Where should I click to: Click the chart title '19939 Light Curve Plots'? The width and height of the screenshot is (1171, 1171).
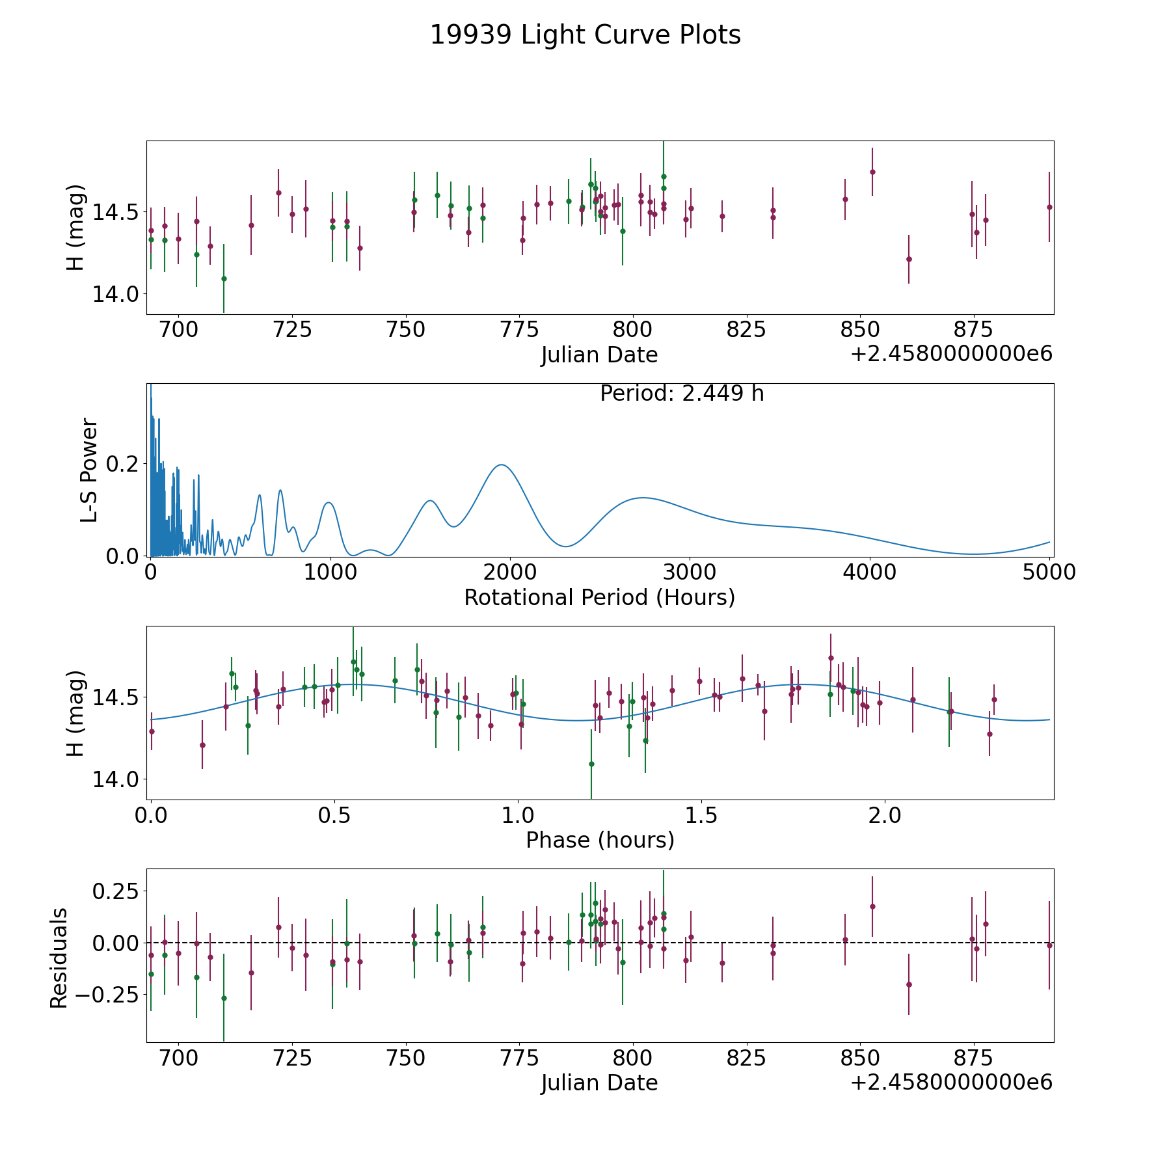pyautogui.click(x=585, y=35)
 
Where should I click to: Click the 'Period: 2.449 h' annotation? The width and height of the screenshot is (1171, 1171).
pyautogui.click(x=681, y=394)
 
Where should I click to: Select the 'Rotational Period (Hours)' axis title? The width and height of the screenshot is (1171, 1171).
pyautogui.click(x=599, y=597)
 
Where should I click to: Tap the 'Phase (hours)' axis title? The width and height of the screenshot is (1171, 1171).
pyautogui.click(x=599, y=840)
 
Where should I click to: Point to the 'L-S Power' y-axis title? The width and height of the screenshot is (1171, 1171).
pyautogui.click(x=89, y=470)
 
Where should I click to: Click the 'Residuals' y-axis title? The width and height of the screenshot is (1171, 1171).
pyautogui.click(x=59, y=958)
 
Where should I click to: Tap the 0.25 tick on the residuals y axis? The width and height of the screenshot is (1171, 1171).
pyautogui.click(x=115, y=891)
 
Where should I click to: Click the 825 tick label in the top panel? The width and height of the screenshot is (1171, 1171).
pyautogui.click(x=746, y=330)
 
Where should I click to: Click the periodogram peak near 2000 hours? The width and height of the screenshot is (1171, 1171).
pyautogui.click(x=502, y=464)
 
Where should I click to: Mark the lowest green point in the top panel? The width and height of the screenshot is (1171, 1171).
pyautogui.click(x=224, y=278)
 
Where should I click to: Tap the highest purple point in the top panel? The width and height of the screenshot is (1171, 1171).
pyautogui.click(x=872, y=172)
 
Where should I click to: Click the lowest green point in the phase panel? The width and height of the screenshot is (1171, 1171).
pyautogui.click(x=591, y=764)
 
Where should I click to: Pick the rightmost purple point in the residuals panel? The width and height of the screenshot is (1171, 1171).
pyautogui.click(x=1049, y=945)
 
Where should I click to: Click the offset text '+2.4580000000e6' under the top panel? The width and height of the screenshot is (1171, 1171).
pyautogui.click(x=951, y=355)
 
